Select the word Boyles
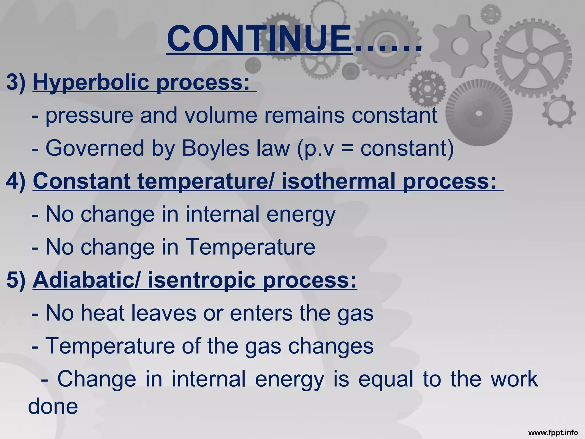[x=215, y=148]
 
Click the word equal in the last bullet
[x=386, y=379]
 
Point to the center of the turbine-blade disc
[x=479, y=113]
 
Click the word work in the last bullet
[x=514, y=379]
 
